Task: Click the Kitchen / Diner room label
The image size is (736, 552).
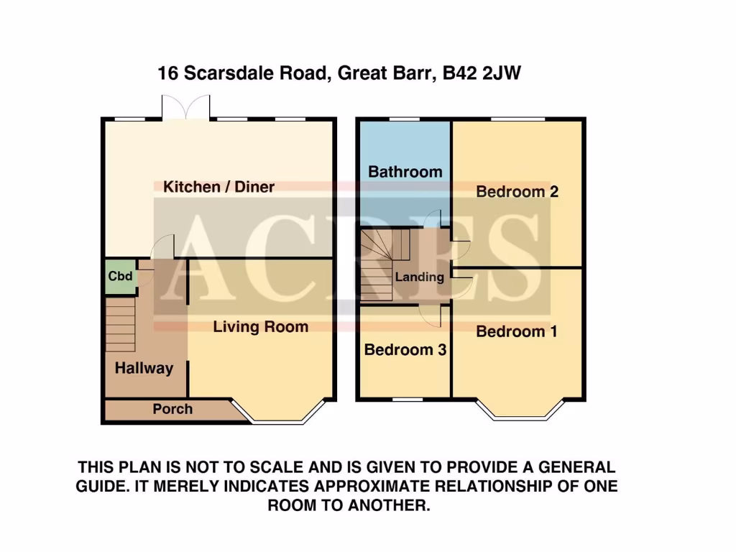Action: tap(218, 187)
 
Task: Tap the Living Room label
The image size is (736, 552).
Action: tap(260, 326)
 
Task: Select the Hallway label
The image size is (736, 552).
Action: tap(144, 368)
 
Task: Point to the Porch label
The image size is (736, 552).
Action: tap(172, 409)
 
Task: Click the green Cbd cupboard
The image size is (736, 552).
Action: tap(120, 277)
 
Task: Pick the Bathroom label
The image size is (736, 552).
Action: tap(405, 172)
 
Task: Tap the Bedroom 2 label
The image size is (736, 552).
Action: tap(517, 192)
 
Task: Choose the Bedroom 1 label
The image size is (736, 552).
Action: tap(516, 331)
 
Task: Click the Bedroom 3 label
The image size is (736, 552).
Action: tap(405, 350)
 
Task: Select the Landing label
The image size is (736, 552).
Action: tap(419, 277)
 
